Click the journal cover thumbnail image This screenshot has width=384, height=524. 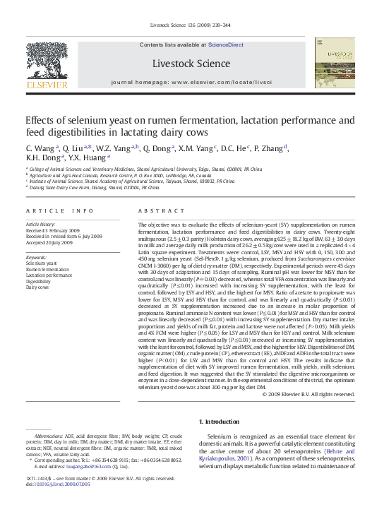click(337, 66)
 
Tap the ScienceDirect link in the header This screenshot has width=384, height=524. click(224, 44)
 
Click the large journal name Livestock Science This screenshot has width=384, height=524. click(191, 64)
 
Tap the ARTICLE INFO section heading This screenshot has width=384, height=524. click(59, 211)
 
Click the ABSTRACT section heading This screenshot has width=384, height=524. click(156, 211)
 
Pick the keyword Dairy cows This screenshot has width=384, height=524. click(38, 287)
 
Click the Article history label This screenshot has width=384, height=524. click(41, 224)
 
